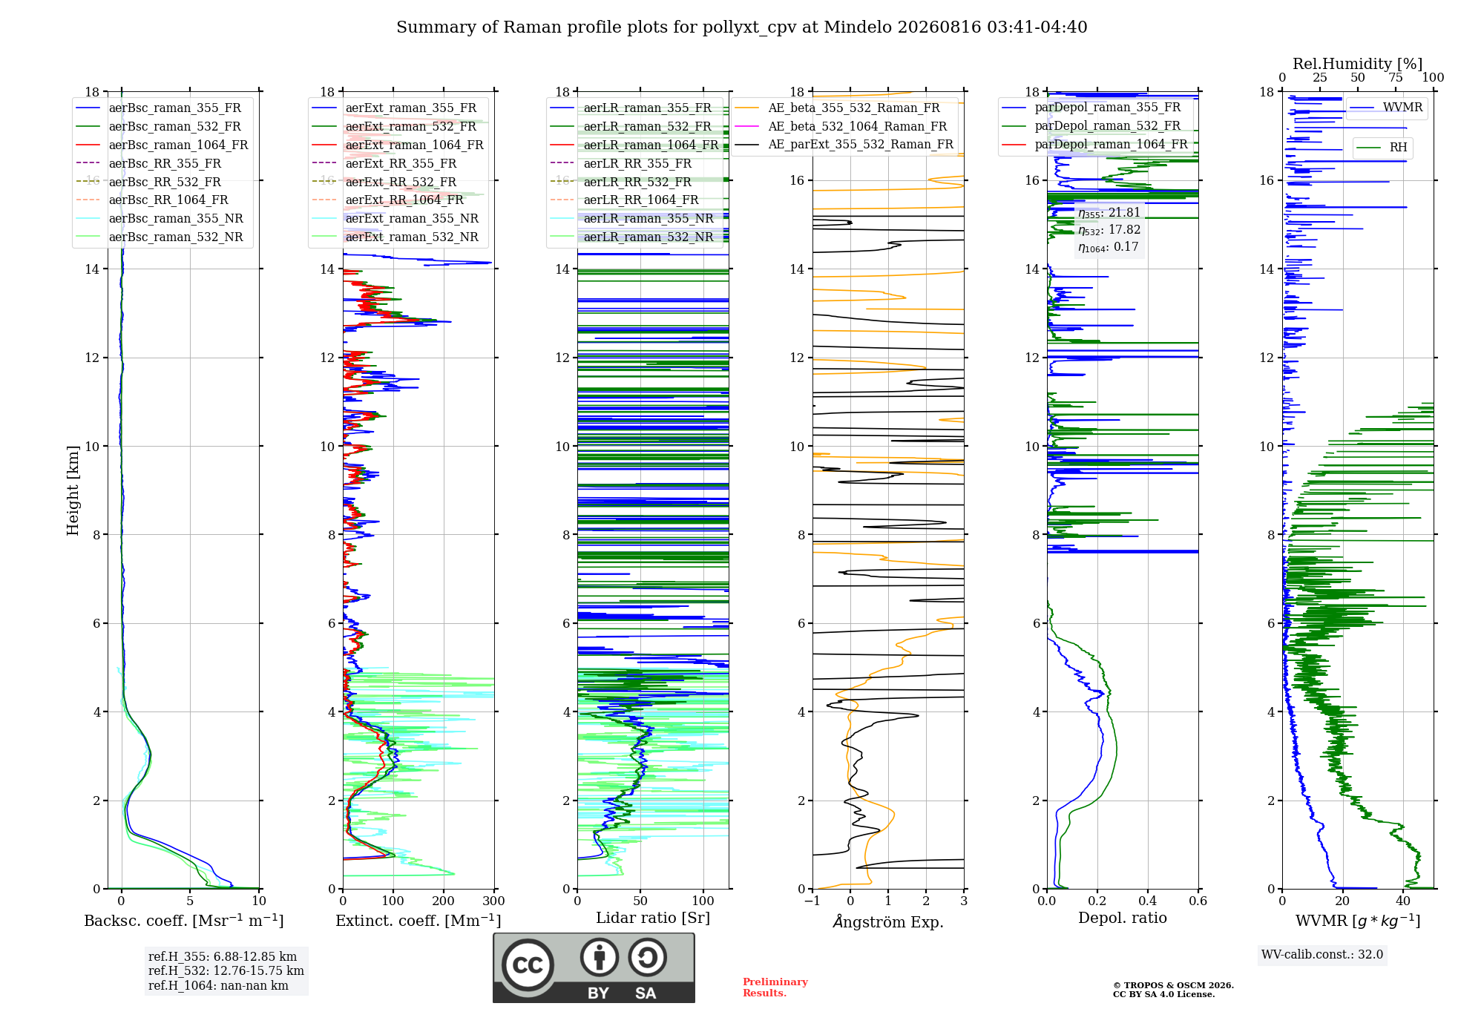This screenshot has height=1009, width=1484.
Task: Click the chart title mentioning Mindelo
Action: (741, 27)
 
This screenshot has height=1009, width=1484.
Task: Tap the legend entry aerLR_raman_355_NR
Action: (631, 218)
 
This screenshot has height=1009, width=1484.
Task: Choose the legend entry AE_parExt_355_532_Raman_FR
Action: (844, 144)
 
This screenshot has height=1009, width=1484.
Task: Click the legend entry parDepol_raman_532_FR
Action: (1091, 126)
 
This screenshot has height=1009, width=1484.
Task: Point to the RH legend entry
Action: (1382, 148)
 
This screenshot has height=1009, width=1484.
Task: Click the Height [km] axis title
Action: (72, 490)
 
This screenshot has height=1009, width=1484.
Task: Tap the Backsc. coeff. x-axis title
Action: (184, 921)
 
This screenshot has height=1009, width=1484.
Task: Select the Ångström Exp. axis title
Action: (888, 921)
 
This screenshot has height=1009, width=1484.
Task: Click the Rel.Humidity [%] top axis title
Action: (1358, 64)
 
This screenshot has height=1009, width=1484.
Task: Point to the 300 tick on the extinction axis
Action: (493, 901)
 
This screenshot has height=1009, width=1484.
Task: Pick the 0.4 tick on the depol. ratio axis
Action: (1148, 901)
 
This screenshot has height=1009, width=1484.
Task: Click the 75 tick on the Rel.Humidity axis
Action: (1396, 77)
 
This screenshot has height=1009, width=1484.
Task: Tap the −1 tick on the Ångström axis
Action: (812, 901)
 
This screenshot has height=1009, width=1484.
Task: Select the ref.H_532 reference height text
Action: (226, 971)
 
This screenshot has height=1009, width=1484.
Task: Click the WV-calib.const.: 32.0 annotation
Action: (1322, 955)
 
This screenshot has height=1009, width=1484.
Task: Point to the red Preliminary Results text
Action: (775, 987)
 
